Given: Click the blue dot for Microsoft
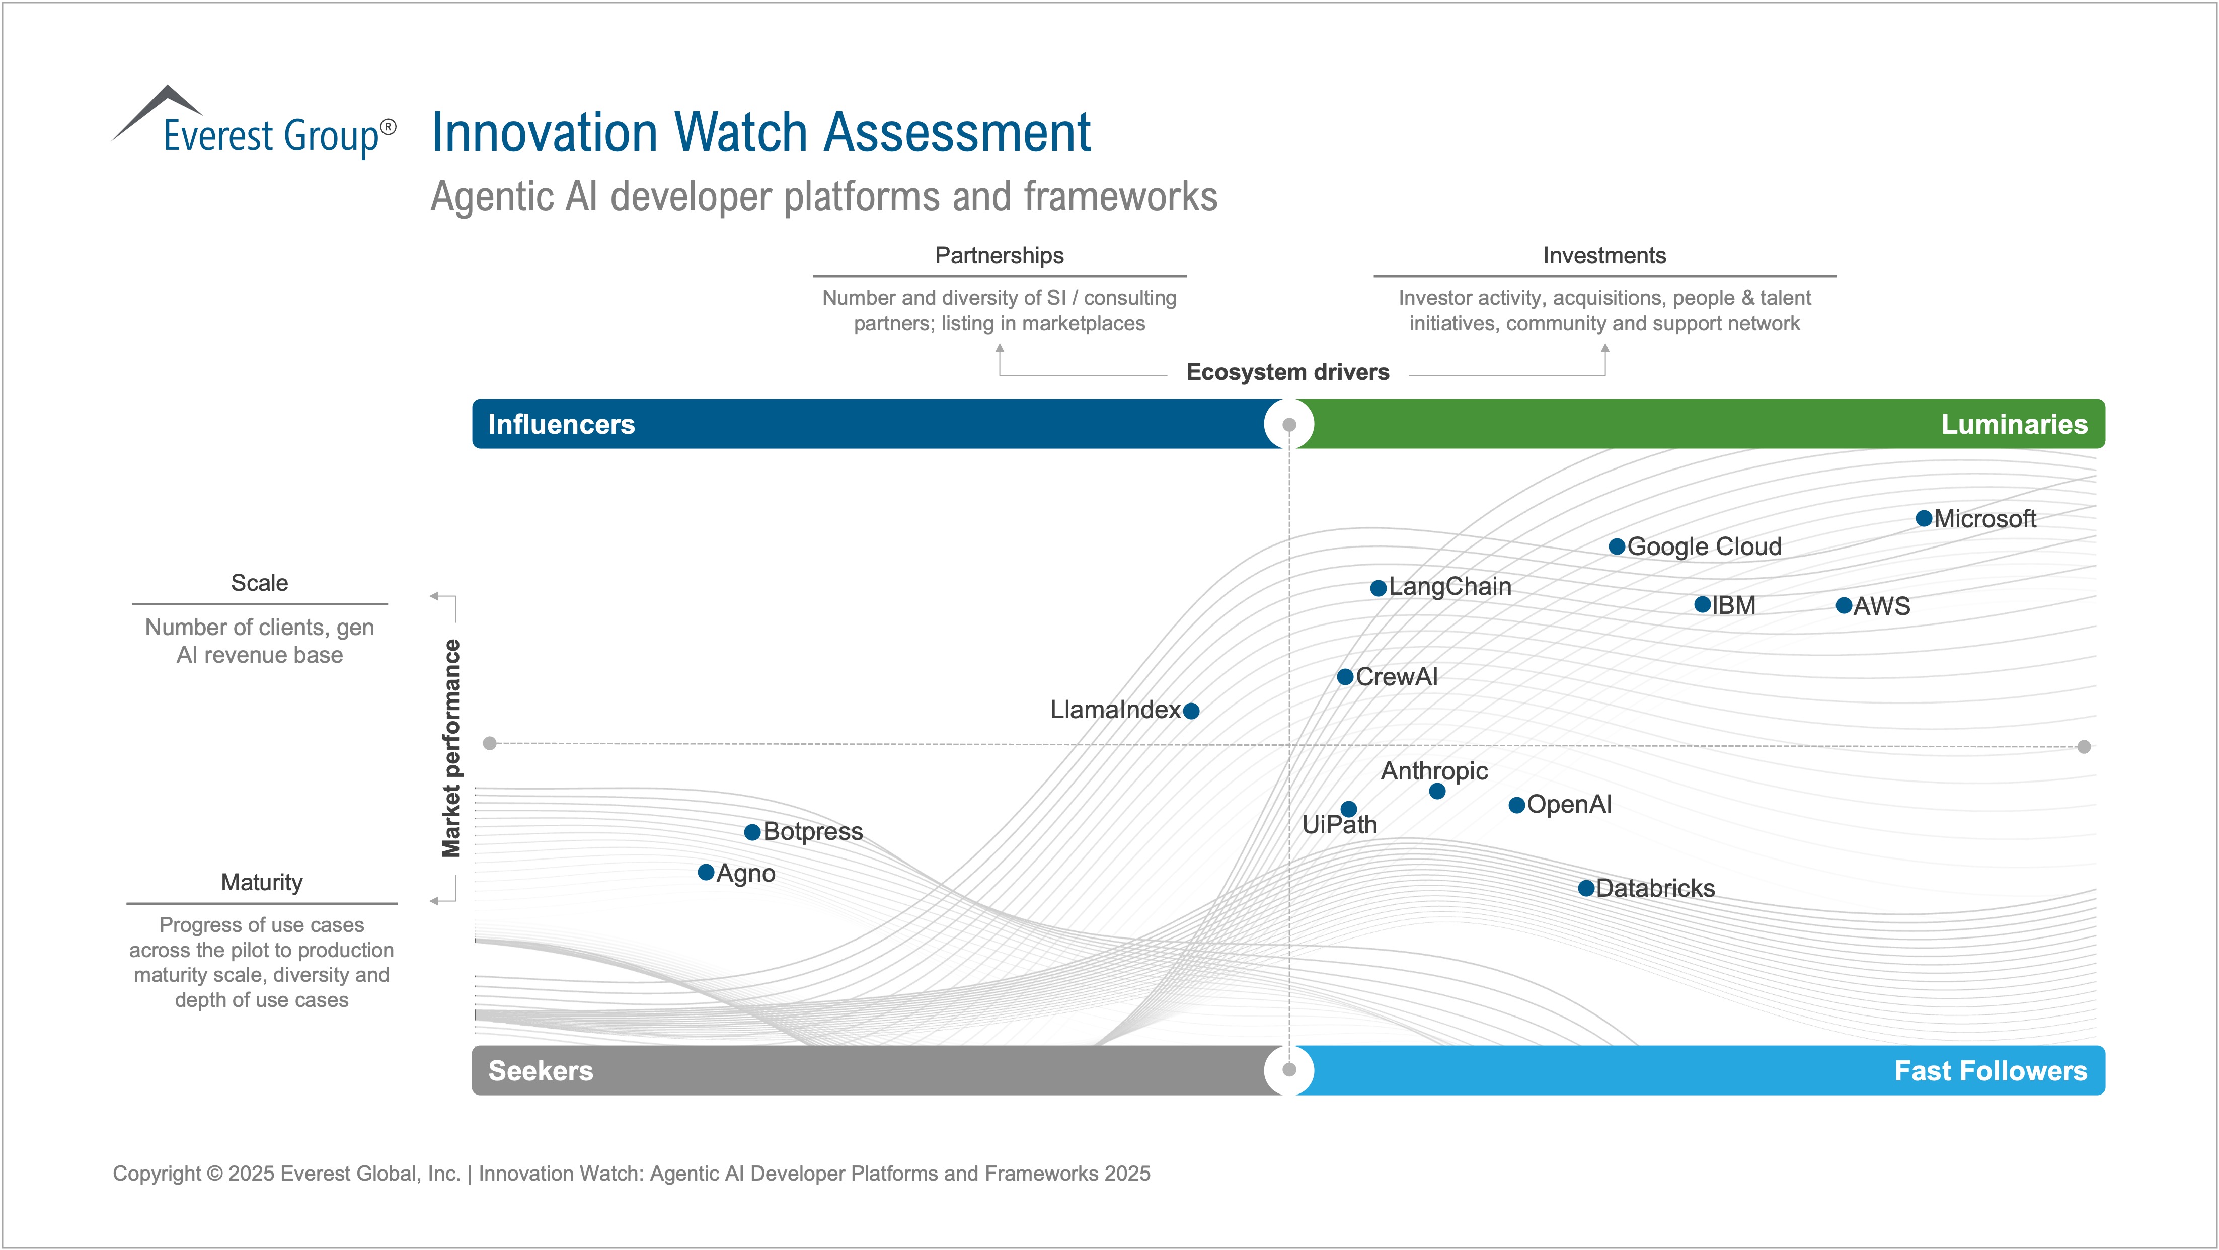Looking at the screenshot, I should pos(1924,519).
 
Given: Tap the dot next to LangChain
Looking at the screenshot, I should pos(1379,588).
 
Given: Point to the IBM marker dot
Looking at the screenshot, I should pos(1702,605).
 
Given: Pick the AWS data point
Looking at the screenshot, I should pos(1844,605).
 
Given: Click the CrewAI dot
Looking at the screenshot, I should pos(1345,677).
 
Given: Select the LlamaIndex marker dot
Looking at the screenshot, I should pos(1191,711).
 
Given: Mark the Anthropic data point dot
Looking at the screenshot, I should pos(1437,791).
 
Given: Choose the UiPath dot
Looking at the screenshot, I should pos(1349,809).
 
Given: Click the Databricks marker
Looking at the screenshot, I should pos(1586,888).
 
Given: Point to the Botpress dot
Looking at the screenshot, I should pos(752,832).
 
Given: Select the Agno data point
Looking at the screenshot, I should pos(706,873).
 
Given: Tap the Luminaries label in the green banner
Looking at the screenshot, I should pos(2014,424).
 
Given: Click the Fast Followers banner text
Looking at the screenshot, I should pos(1990,1071).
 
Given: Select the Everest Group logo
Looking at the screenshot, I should pos(254,125).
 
